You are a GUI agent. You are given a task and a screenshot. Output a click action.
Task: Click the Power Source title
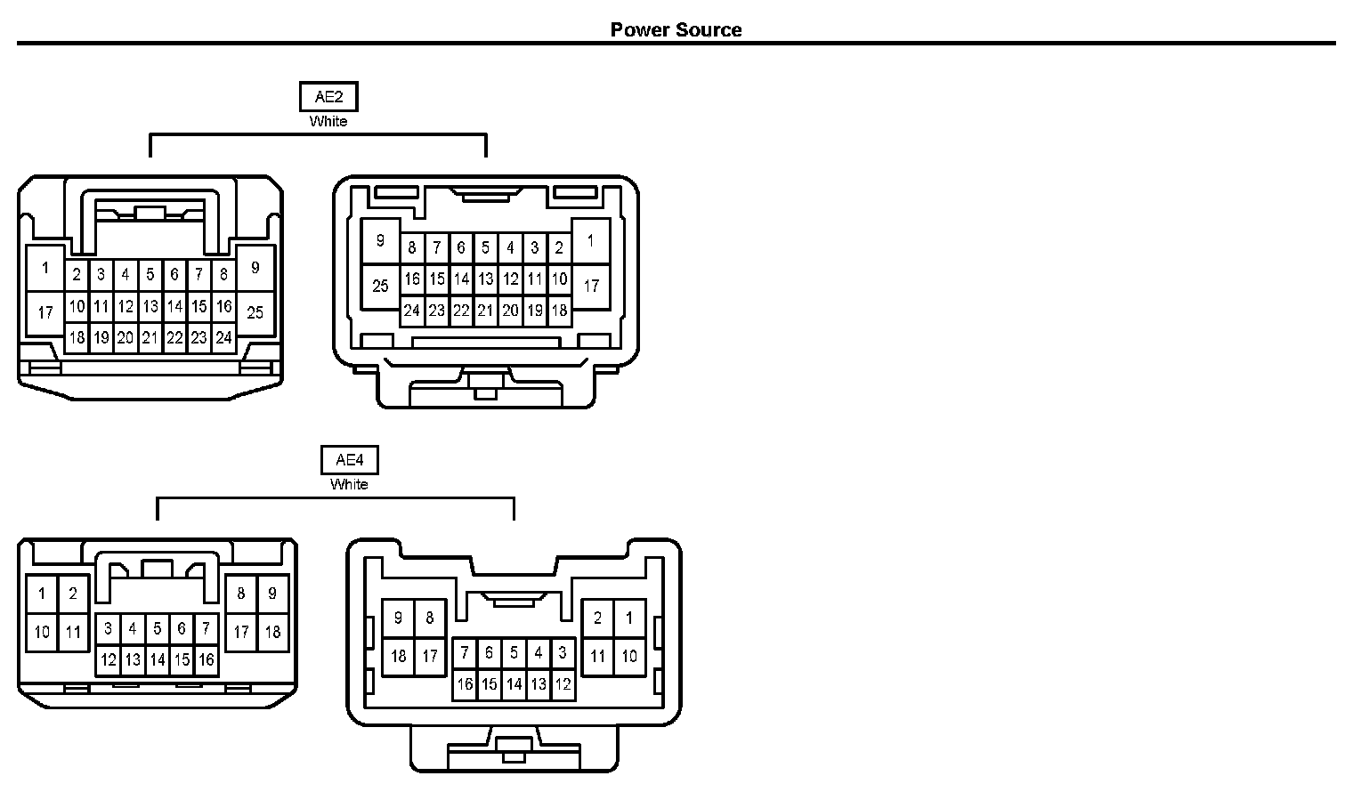[676, 29]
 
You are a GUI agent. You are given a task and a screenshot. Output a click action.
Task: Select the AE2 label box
[328, 97]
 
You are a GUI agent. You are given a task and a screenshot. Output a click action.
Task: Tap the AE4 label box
[349, 460]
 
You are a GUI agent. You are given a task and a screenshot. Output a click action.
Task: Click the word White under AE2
[328, 121]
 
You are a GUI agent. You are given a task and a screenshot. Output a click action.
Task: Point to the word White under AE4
[349, 484]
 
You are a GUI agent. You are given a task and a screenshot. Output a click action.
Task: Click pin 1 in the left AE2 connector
[45, 267]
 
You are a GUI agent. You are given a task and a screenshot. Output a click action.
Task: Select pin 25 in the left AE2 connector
[255, 312]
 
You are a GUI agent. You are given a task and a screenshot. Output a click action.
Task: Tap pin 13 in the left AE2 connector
[150, 306]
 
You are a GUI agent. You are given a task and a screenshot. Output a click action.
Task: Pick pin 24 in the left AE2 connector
[223, 337]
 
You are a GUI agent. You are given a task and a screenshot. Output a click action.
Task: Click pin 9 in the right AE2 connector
[380, 241]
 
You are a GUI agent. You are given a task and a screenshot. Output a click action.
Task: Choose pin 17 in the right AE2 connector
[591, 287]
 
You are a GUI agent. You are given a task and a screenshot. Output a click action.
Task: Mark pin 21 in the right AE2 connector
[485, 311]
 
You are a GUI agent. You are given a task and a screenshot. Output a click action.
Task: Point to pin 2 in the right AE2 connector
[559, 248]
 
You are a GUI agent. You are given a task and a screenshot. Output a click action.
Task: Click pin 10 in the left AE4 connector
[42, 633]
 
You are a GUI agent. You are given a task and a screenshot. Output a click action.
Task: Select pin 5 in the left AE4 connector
[158, 629]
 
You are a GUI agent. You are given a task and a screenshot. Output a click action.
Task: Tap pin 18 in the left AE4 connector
[272, 632]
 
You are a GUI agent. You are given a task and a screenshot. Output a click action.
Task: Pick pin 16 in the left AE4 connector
[207, 659]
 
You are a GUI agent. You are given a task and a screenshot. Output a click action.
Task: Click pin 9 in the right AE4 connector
[398, 618]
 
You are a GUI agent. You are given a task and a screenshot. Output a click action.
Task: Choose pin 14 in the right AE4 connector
[514, 684]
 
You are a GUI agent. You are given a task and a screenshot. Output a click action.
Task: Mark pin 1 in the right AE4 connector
[629, 618]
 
